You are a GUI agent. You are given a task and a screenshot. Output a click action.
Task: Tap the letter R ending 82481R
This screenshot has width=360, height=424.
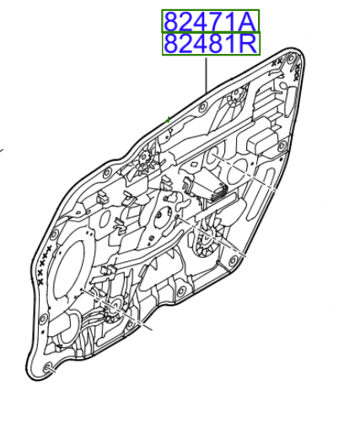pyautogui.click(x=250, y=43)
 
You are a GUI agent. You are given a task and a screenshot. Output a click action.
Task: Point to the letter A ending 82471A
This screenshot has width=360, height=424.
pyautogui.click(x=250, y=21)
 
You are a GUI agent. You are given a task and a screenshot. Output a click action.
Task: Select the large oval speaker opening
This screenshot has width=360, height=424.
pyautogui.click(x=74, y=270)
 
